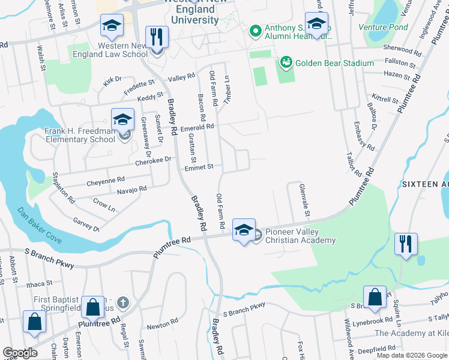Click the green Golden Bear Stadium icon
point(285,62)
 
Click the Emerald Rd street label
point(197,127)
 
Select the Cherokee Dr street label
point(153,160)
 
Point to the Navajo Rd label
point(131,189)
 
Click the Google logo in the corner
point(20,353)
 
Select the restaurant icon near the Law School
point(157,37)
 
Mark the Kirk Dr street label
point(112,79)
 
